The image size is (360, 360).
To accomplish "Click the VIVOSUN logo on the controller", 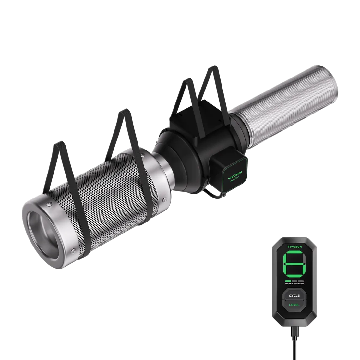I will [294, 246].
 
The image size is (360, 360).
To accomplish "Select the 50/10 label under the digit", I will [287, 283].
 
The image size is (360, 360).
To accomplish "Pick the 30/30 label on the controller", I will [294, 283].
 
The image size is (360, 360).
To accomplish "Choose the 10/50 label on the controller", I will [301, 283].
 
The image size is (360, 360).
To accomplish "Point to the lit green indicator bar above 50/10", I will [287, 281].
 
